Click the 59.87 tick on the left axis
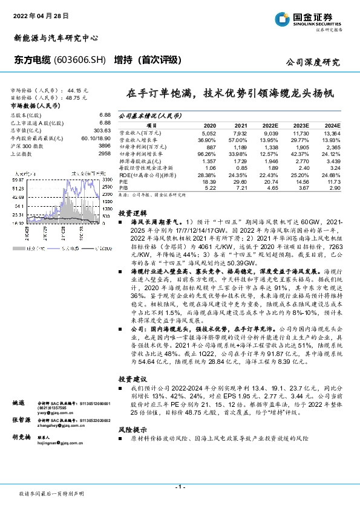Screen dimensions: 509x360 (18, 180)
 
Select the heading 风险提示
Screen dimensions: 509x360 (133, 427)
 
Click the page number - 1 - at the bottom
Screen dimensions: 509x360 (180, 487)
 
